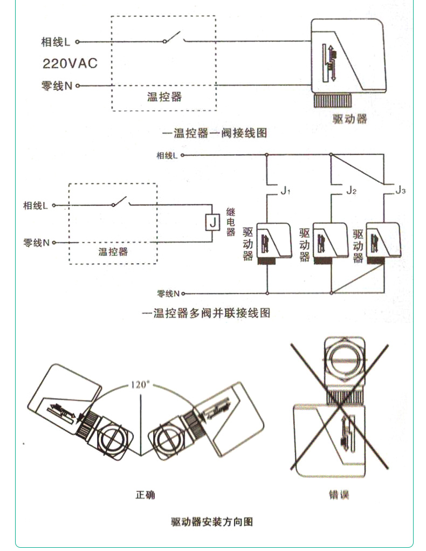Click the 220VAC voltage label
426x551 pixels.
70,63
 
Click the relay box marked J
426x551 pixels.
212,221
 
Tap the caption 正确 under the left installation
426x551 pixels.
145,494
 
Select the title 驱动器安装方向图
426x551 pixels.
212,522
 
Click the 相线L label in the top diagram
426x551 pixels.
56,42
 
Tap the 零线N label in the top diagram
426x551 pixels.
56,86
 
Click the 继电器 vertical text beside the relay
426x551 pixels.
231,221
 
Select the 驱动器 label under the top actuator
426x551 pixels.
349,118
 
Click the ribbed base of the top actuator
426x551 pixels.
334,101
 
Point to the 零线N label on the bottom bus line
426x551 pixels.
168,294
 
